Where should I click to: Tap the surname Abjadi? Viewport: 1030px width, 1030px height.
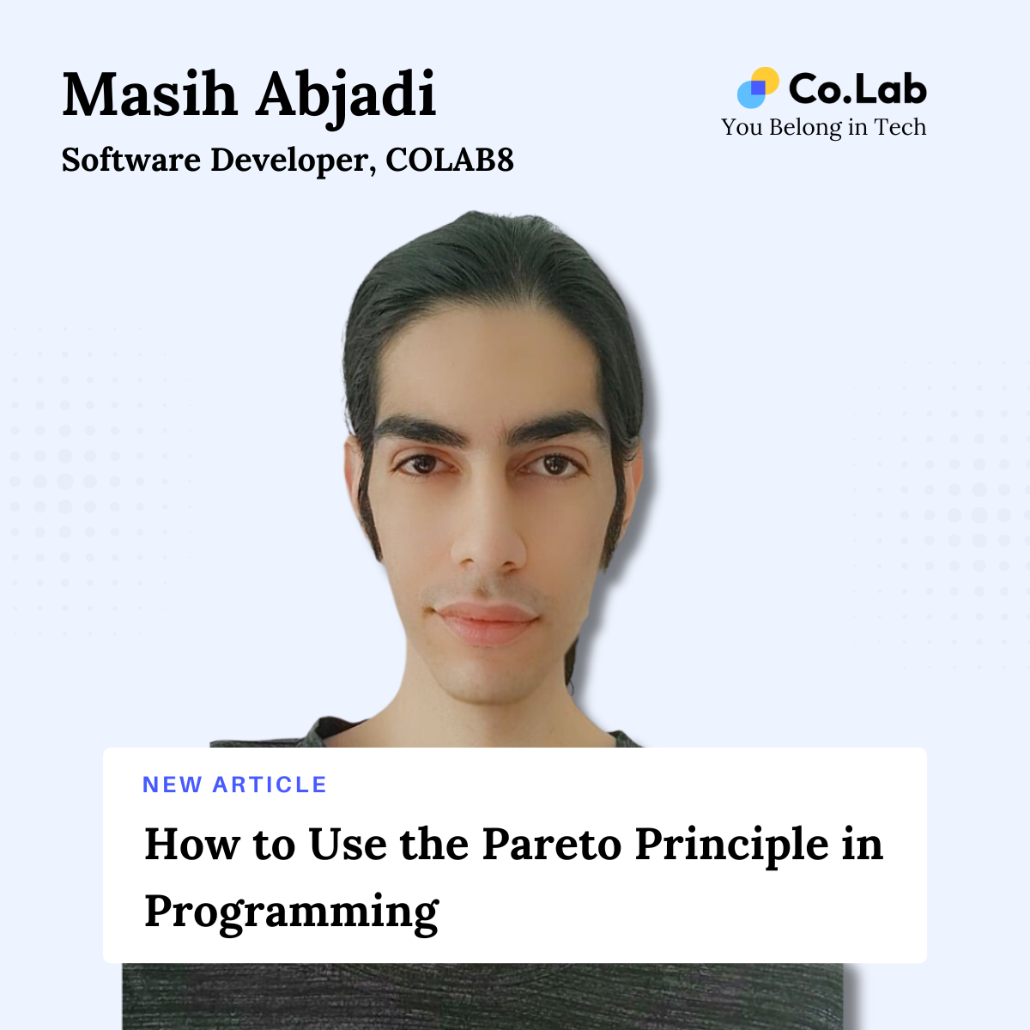click(x=345, y=96)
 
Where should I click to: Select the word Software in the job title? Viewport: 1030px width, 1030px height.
click(x=130, y=161)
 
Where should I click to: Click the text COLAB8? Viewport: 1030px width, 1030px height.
click(x=449, y=161)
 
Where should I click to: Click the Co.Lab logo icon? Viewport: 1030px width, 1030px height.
click(x=757, y=88)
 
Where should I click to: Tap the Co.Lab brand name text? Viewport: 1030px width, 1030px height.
click(x=857, y=88)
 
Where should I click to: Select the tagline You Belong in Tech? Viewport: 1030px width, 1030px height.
click(x=823, y=127)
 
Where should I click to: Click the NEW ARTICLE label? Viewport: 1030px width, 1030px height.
click(x=234, y=785)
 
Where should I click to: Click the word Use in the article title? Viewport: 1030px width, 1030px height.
click(x=347, y=844)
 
